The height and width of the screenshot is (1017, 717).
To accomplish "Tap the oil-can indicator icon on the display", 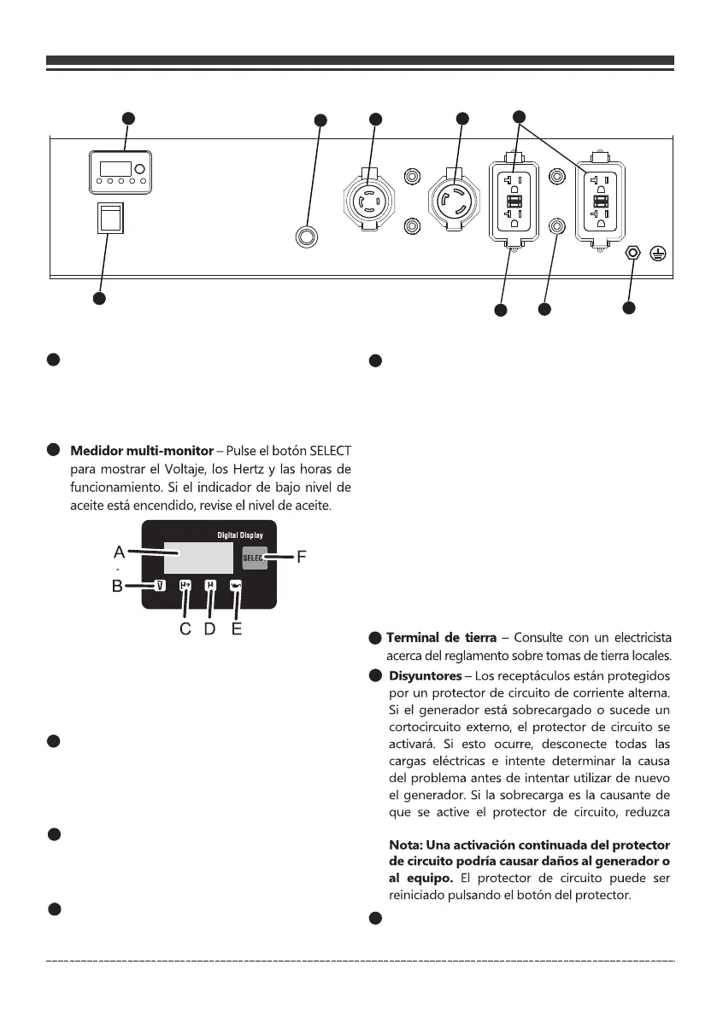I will [237, 587].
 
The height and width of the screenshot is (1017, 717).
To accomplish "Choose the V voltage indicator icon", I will [160, 586].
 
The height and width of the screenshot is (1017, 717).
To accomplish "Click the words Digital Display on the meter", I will [235, 534].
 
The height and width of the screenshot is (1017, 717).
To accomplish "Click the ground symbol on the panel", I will [659, 254].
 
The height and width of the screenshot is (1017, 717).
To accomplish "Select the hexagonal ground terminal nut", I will [632, 254].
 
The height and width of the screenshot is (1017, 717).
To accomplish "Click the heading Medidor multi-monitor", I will [140, 450].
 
